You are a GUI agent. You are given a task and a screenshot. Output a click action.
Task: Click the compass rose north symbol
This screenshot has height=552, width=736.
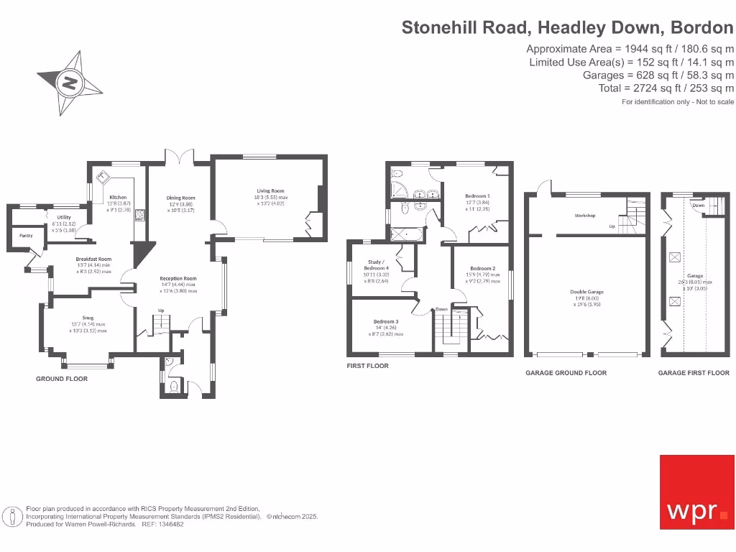click(70, 83)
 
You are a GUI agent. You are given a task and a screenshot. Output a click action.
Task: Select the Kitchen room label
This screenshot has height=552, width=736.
click(118, 197)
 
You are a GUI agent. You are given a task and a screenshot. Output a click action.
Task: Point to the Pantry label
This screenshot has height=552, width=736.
click(26, 235)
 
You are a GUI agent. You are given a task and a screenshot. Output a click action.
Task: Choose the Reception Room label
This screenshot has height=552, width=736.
click(178, 278)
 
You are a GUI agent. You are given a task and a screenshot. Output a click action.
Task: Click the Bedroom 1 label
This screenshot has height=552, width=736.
click(477, 195)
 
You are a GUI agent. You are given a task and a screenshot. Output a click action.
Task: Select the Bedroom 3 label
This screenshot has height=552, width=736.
click(386, 321)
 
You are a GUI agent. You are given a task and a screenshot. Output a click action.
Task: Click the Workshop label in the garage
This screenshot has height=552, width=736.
click(584, 216)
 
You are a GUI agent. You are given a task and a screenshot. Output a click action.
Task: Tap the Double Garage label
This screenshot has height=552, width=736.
click(586, 292)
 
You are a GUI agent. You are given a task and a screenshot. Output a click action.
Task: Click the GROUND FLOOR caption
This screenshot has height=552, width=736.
click(62, 379)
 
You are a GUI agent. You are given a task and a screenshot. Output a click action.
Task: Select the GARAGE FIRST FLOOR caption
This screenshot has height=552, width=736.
click(694, 373)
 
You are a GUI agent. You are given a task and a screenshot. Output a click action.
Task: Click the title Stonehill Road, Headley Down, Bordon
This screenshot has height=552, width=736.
click(568, 27)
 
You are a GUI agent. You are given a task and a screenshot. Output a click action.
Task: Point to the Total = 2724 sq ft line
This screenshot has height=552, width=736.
click(666, 88)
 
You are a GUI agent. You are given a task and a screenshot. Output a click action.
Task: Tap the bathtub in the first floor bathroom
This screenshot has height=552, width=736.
click(406, 233)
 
